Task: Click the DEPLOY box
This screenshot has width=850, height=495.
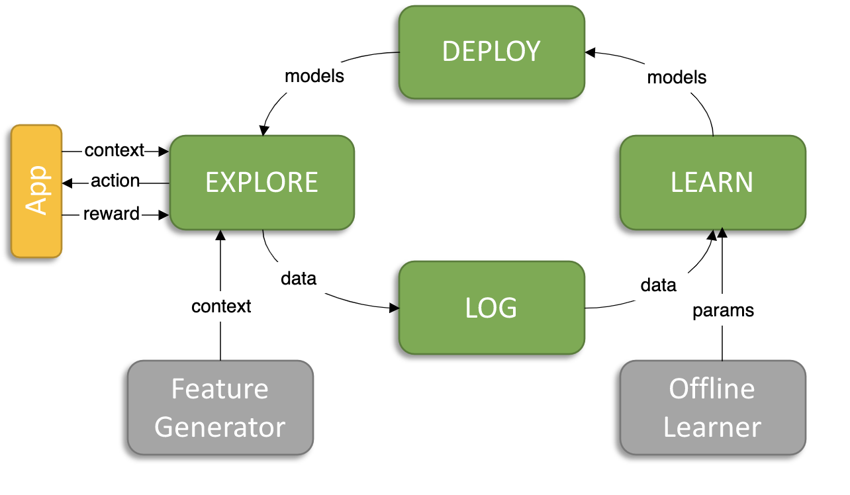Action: (x=492, y=52)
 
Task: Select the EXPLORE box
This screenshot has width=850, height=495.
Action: (x=262, y=183)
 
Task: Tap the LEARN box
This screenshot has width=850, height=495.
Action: (x=713, y=183)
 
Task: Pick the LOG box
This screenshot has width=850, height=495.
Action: (x=492, y=308)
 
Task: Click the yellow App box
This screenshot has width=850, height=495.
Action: (x=36, y=191)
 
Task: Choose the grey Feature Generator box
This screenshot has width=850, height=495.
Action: (x=220, y=408)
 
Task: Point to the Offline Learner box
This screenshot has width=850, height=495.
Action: (x=713, y=408)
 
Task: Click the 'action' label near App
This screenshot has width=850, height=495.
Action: (x=115, y=181)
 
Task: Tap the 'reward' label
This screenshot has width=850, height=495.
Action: (x=112, y=214)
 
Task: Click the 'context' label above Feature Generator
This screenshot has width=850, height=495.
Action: (x=221, y=306)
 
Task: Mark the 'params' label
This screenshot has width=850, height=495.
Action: (x=724, y=311)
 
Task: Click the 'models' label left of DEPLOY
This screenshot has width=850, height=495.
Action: (x=314, y=76)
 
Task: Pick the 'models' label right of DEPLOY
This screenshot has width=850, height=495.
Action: (x=677, y=78)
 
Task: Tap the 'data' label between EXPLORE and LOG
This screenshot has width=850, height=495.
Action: (x=299, y=279)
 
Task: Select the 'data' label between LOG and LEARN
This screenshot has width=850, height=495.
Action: (x=659, y=285)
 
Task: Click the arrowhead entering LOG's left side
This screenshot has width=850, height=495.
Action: (x=395, y=308)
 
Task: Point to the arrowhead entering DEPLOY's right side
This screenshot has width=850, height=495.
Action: (x=590, y=53)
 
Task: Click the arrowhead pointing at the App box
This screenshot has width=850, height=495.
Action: (x=67, y=183)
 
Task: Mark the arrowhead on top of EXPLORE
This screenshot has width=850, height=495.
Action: (x=264, y=130)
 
